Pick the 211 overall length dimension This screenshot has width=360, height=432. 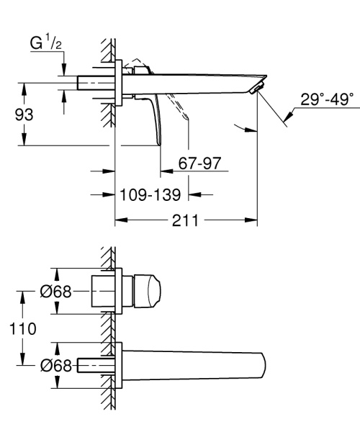tap(186, 222)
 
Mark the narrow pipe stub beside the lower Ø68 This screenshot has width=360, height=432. tap(91, 365)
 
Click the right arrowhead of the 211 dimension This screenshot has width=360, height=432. tap(253, 222)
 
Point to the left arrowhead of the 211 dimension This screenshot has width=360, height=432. tap(120, 222)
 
